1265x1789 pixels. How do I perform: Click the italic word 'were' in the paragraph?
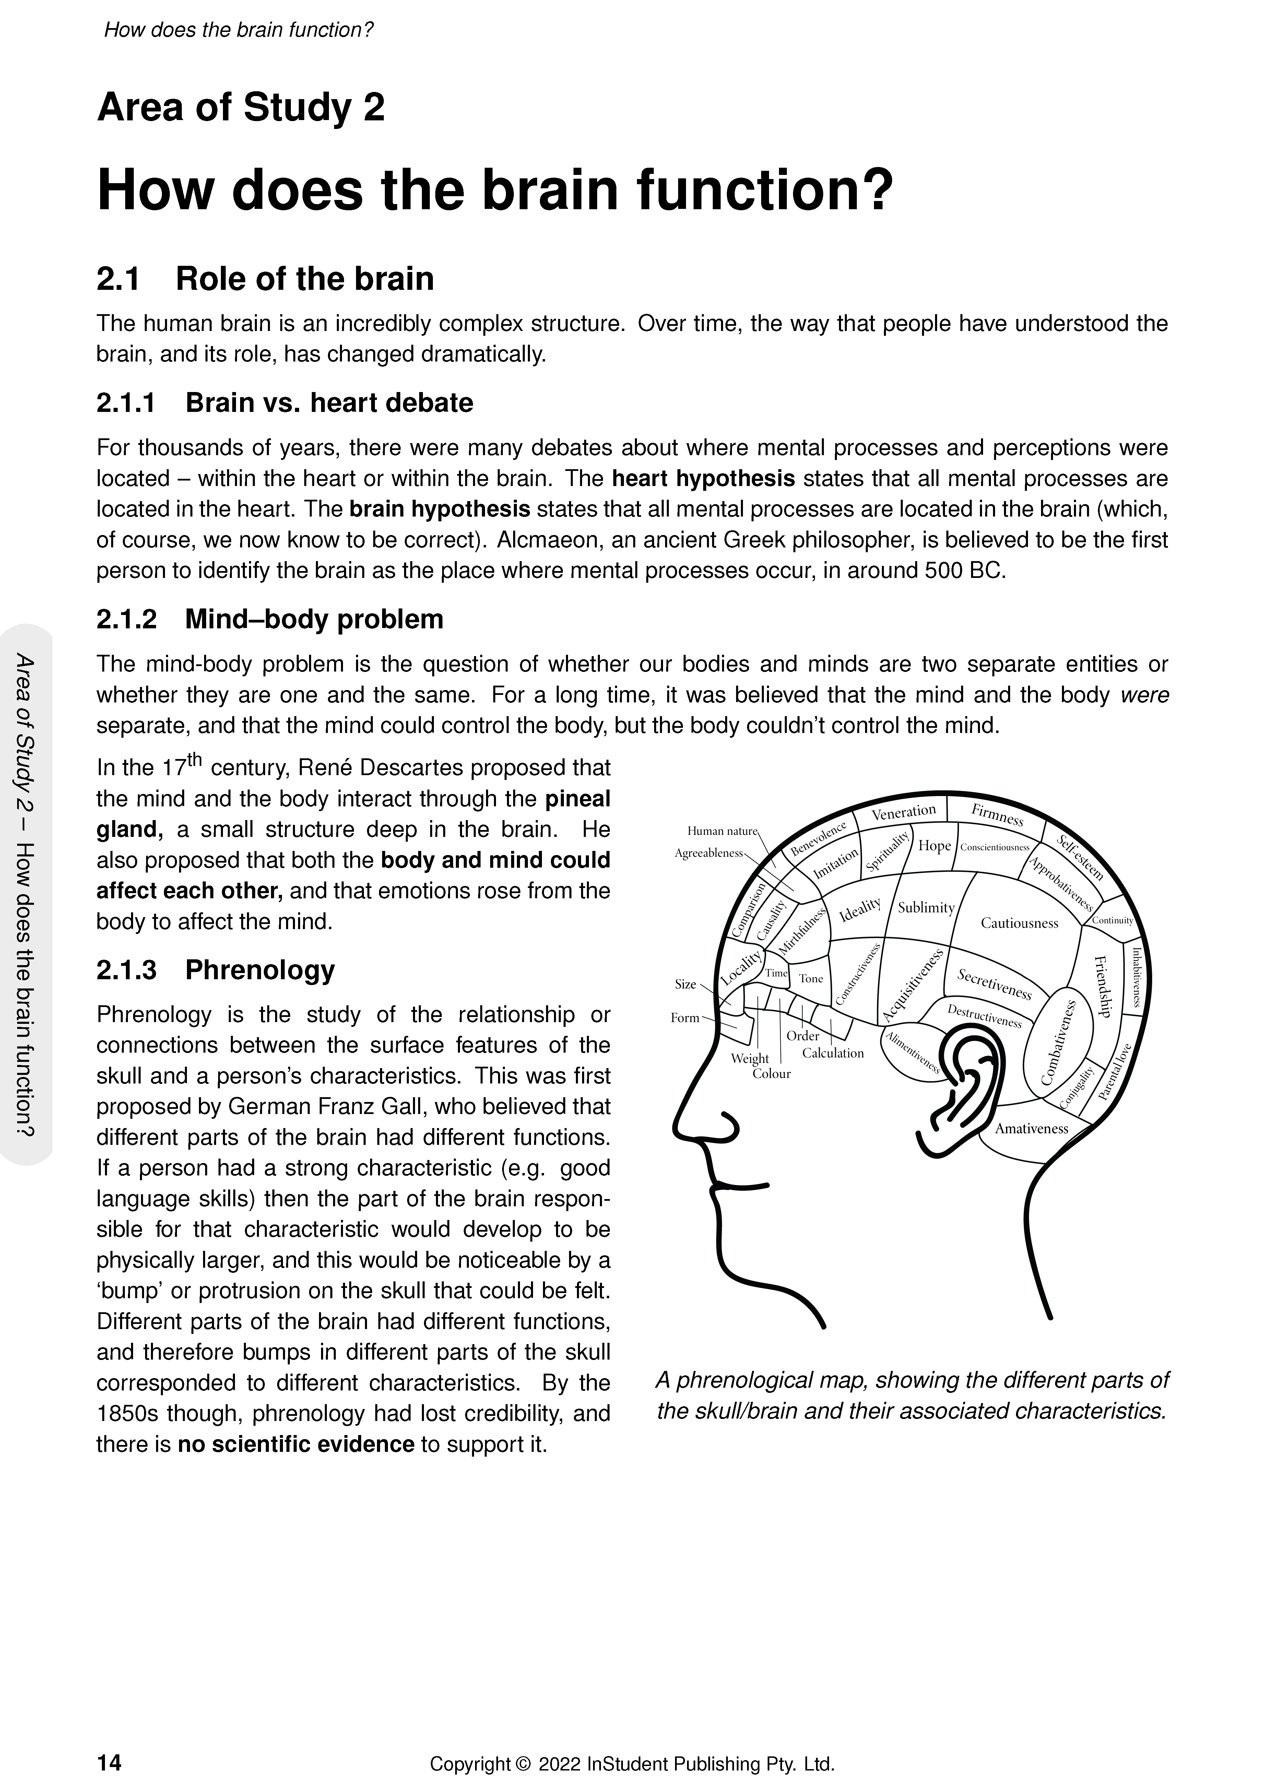click(x=1144, y=695)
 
